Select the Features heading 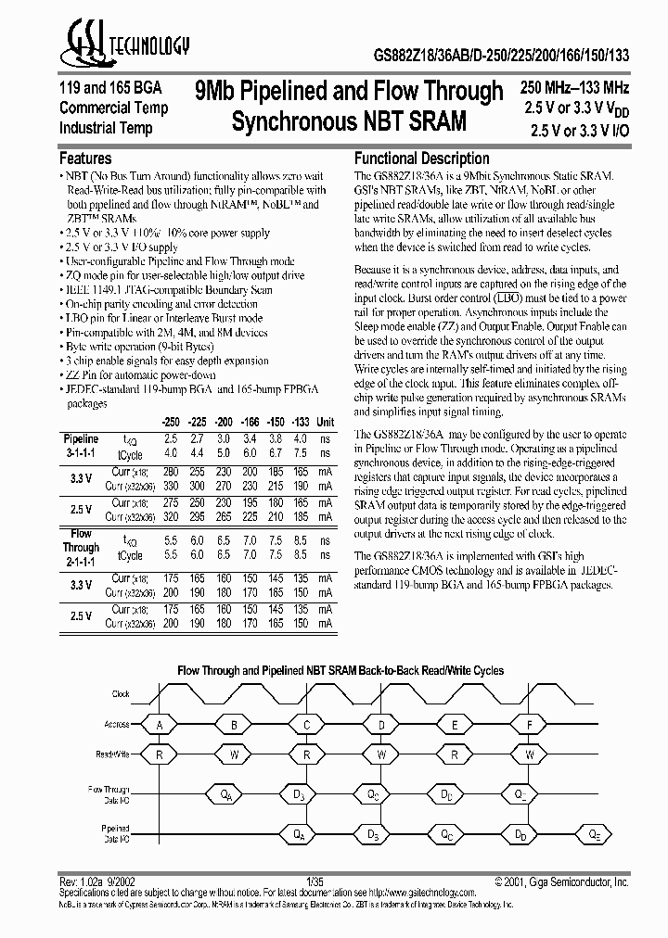pos(85,158)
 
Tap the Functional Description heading pos(422,158)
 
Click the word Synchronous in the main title pos(293,120)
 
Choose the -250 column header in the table pos(170,421)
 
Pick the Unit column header pos(326,421)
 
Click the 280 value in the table pos(170,470)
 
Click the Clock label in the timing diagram pos(121,693)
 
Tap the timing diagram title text pos(340,669)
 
